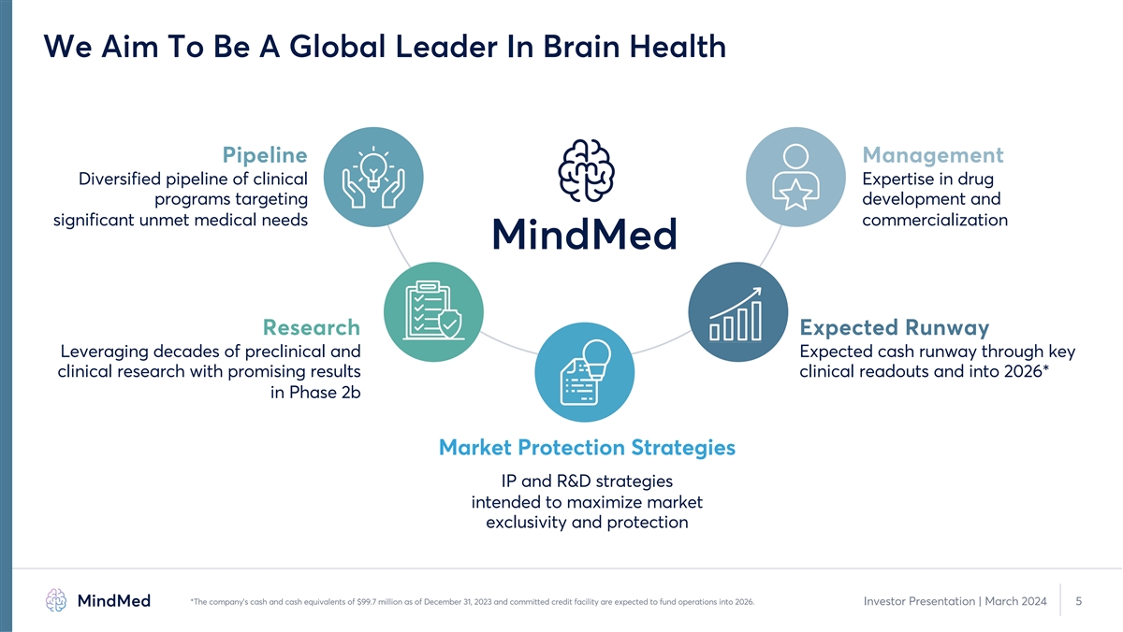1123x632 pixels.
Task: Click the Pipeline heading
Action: click(x=265, y=155)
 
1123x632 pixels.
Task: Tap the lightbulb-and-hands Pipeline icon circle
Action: click(x=373, y=177)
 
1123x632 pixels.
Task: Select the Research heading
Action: click(x=312, y=327)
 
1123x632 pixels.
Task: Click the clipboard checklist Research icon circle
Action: click(x=433, y=312)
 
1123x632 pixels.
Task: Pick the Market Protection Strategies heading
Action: click(x=587, y=448)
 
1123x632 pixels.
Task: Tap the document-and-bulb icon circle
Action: click(x=585, y=372)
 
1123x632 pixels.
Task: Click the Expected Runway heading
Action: click(x=895, y=328)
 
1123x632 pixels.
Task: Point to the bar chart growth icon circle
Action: click(x=738, y=312)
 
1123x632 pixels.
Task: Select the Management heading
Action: click(x=933, y=155)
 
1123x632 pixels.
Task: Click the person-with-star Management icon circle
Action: click(x=795, y=177)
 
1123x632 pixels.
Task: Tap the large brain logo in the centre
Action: click(x=586, y=170)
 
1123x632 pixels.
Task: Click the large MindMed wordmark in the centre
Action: click(x=585, y=234)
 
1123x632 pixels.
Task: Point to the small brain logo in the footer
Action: click(x=55, y=600)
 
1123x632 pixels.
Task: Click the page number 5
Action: click(x=1079, y=601)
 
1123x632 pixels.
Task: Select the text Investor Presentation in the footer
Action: click(x=919, y=601)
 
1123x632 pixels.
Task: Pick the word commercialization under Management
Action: click(x=935, y=220)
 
